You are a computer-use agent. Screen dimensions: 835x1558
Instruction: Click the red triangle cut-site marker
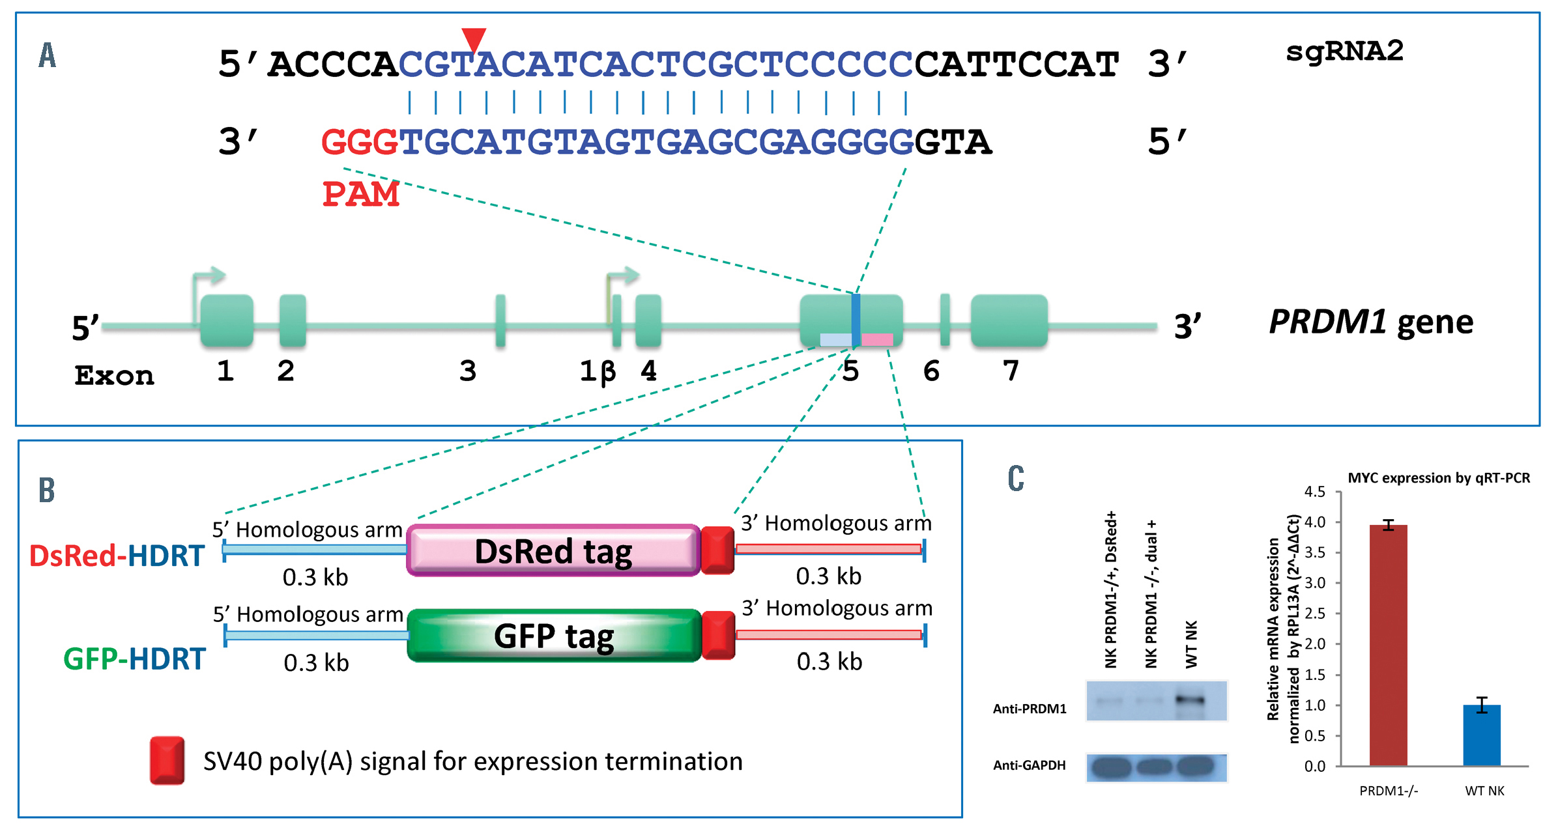(474, 38)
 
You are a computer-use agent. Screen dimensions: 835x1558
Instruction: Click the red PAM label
(361, 194)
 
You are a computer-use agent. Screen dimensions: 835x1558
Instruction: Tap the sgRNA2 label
(1344, 51)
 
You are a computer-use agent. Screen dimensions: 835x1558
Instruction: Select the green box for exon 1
(227, 320)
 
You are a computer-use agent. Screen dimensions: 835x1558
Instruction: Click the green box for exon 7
(1009, 320)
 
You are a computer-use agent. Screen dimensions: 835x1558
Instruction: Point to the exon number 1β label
(598, 371)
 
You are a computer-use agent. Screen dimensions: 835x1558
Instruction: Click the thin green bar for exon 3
(500, 320)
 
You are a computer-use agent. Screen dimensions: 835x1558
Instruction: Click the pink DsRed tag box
(553, 551)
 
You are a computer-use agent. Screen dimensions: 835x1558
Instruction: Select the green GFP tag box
(553, 636)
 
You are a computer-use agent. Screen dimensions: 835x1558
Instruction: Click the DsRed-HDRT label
(117, 556)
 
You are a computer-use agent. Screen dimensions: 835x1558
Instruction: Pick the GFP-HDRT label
(134, 659)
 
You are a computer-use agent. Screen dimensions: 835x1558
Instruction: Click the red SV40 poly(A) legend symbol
(167, 760)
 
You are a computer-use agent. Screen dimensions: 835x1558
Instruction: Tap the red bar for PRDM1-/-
(1388, 645)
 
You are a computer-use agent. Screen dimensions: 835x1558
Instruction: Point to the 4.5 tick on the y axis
(1314, 492)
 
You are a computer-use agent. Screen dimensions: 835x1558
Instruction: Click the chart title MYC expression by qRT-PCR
(1439, 478)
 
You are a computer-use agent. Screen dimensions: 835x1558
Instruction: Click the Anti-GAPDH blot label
(1029, 765)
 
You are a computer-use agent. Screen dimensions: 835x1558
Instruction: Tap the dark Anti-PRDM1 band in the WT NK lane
(1190, 701)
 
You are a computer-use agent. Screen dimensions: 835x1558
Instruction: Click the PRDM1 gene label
(1371, 322)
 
